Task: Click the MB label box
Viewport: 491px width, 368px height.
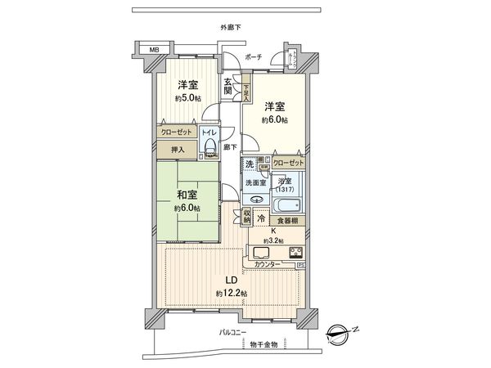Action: pyautogui.click(x=152, y=50)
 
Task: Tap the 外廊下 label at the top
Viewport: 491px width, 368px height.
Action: pyautogui.click(x=231, y=29)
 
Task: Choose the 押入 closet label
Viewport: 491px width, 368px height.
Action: pyautogui.click(x=178, y=150)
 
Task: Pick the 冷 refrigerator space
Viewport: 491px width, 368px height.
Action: pyautogui.click(x=261, y=218)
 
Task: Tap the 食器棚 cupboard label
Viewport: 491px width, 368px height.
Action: pyautogui.click(x=287, y=221)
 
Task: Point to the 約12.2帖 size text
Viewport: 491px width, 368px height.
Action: pyautogui.click(x=232, y=293)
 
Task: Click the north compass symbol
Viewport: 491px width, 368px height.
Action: pyautogui.click(x=341, y=334)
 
